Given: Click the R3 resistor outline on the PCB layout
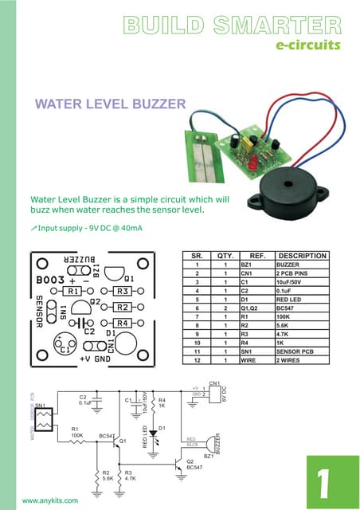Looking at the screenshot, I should click(123, 292).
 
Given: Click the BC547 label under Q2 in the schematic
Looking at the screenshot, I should click(196, 468).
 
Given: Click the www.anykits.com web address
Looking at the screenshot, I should click(50, 500).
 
